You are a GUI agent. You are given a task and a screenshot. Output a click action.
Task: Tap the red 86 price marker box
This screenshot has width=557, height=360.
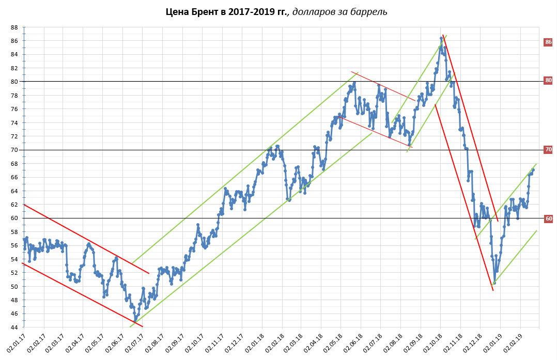coord(548,42)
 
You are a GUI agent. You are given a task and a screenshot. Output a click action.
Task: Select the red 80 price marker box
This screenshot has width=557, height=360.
coord(548,80)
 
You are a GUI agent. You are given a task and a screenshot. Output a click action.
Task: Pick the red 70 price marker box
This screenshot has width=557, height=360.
coord(548,149)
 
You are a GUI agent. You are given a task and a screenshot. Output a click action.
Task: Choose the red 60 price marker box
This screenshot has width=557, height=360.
coord(548,218)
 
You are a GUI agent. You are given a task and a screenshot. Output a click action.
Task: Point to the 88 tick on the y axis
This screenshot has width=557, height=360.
coord(14,27)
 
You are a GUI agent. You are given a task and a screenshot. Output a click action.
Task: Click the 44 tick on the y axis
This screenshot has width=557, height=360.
coord(14,327)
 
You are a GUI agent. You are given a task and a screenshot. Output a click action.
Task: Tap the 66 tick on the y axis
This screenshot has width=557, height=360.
coord(14,177)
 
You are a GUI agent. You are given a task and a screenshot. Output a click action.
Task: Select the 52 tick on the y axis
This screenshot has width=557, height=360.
coord(14,273)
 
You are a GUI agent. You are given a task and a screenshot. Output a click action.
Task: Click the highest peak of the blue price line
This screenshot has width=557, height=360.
coord(441,38)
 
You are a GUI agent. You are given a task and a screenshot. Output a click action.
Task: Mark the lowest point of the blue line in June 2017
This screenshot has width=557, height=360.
coord(135,320)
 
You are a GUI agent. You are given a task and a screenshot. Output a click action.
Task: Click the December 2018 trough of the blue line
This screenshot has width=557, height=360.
coord(494,283)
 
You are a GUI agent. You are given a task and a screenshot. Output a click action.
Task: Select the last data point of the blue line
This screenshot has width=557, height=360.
coord(533,170)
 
